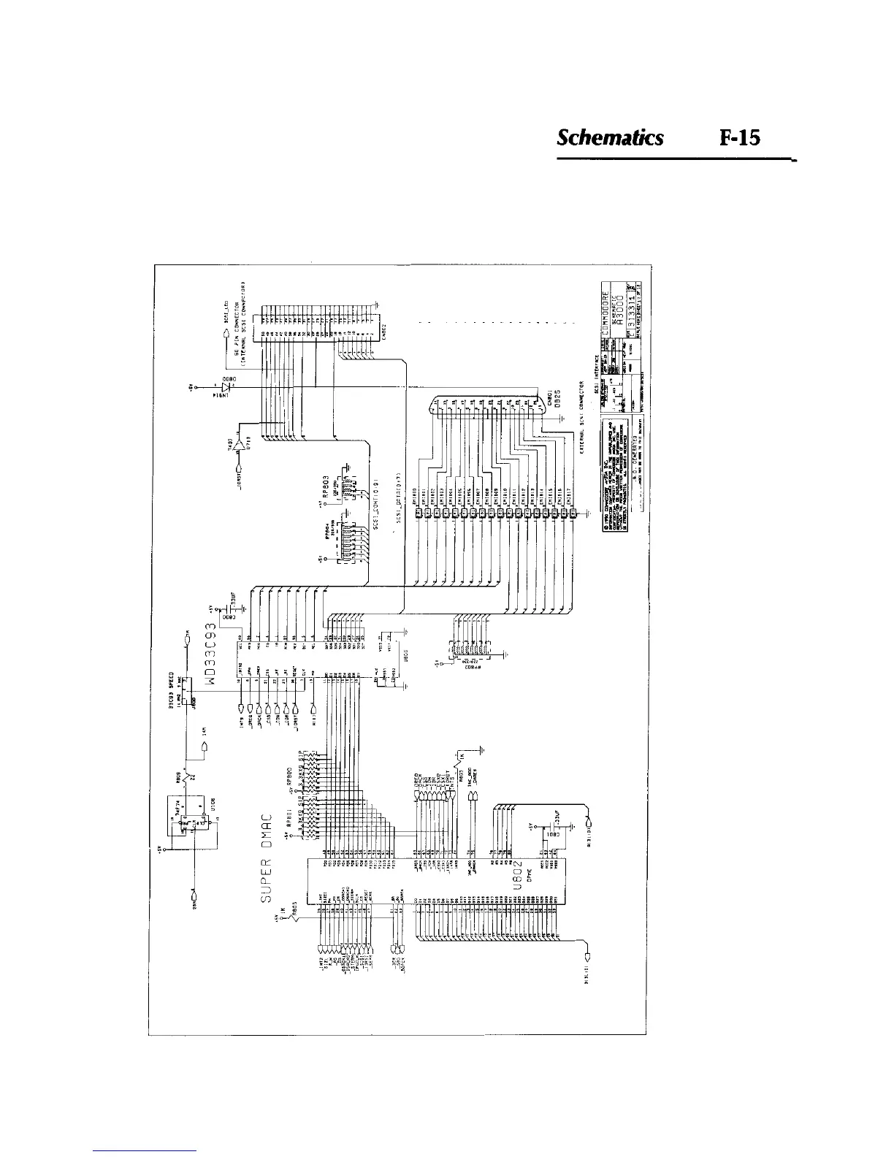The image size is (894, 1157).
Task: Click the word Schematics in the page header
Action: click(610, 138)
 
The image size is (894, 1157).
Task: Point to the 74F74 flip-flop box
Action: click(192, 821)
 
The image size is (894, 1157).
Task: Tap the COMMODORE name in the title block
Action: click(605, 310)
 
